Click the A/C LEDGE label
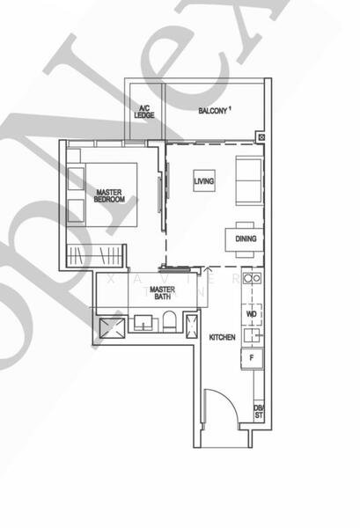pos(143,111)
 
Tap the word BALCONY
pos(212,111)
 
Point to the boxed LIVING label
pos(204,181)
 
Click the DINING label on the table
pos(246,238)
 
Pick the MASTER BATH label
pos(162,293)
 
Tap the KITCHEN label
pos(222,338)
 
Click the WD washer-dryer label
pos(252,313)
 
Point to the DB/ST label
pos(259,411)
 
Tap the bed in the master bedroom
pos(104,194)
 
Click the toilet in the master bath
pos(166,327)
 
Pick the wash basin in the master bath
pos(141,326)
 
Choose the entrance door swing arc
pos(220,405)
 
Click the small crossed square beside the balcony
pos(261,136)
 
